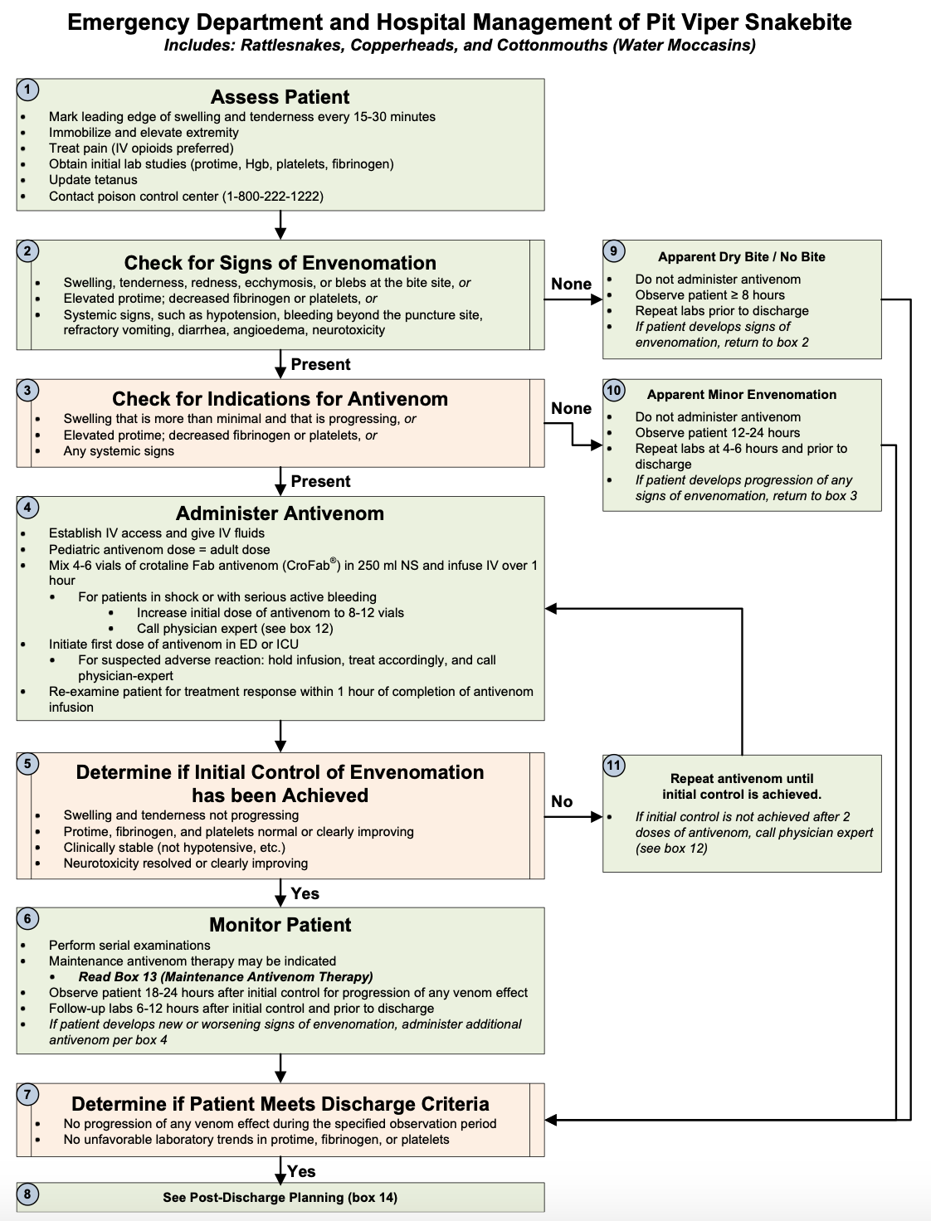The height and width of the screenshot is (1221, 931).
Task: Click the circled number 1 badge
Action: (x=27, y=90)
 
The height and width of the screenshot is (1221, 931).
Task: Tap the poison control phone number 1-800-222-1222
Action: (x=272, y=197)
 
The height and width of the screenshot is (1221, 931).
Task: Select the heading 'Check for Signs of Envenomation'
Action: (x=280, y=263)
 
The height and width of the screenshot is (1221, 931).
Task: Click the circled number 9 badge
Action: (x=614, y=251)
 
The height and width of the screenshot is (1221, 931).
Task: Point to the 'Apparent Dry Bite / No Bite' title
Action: (x=741, y=257)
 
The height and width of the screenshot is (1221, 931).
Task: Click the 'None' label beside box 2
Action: (x=571, y=285)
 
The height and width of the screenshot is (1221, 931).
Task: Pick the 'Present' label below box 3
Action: (x=320, y=481)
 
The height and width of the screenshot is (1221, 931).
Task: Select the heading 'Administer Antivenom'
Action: (x=280, y=513)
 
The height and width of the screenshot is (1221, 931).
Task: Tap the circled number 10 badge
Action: (x=614, y=390)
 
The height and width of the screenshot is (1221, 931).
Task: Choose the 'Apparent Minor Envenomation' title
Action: (x=741, y=395)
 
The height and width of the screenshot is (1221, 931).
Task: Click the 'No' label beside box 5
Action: (x=562, y=801)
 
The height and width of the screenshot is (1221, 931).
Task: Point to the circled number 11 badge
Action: (x=614, y=765)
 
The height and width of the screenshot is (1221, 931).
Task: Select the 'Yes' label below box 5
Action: (x=305, y=893)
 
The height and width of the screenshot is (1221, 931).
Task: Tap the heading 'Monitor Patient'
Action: (x=280, y=925)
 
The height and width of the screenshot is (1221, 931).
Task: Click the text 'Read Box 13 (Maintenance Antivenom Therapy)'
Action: (x=226, y=977)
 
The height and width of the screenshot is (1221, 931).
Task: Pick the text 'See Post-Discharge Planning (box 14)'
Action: (x=280, y=1198)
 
